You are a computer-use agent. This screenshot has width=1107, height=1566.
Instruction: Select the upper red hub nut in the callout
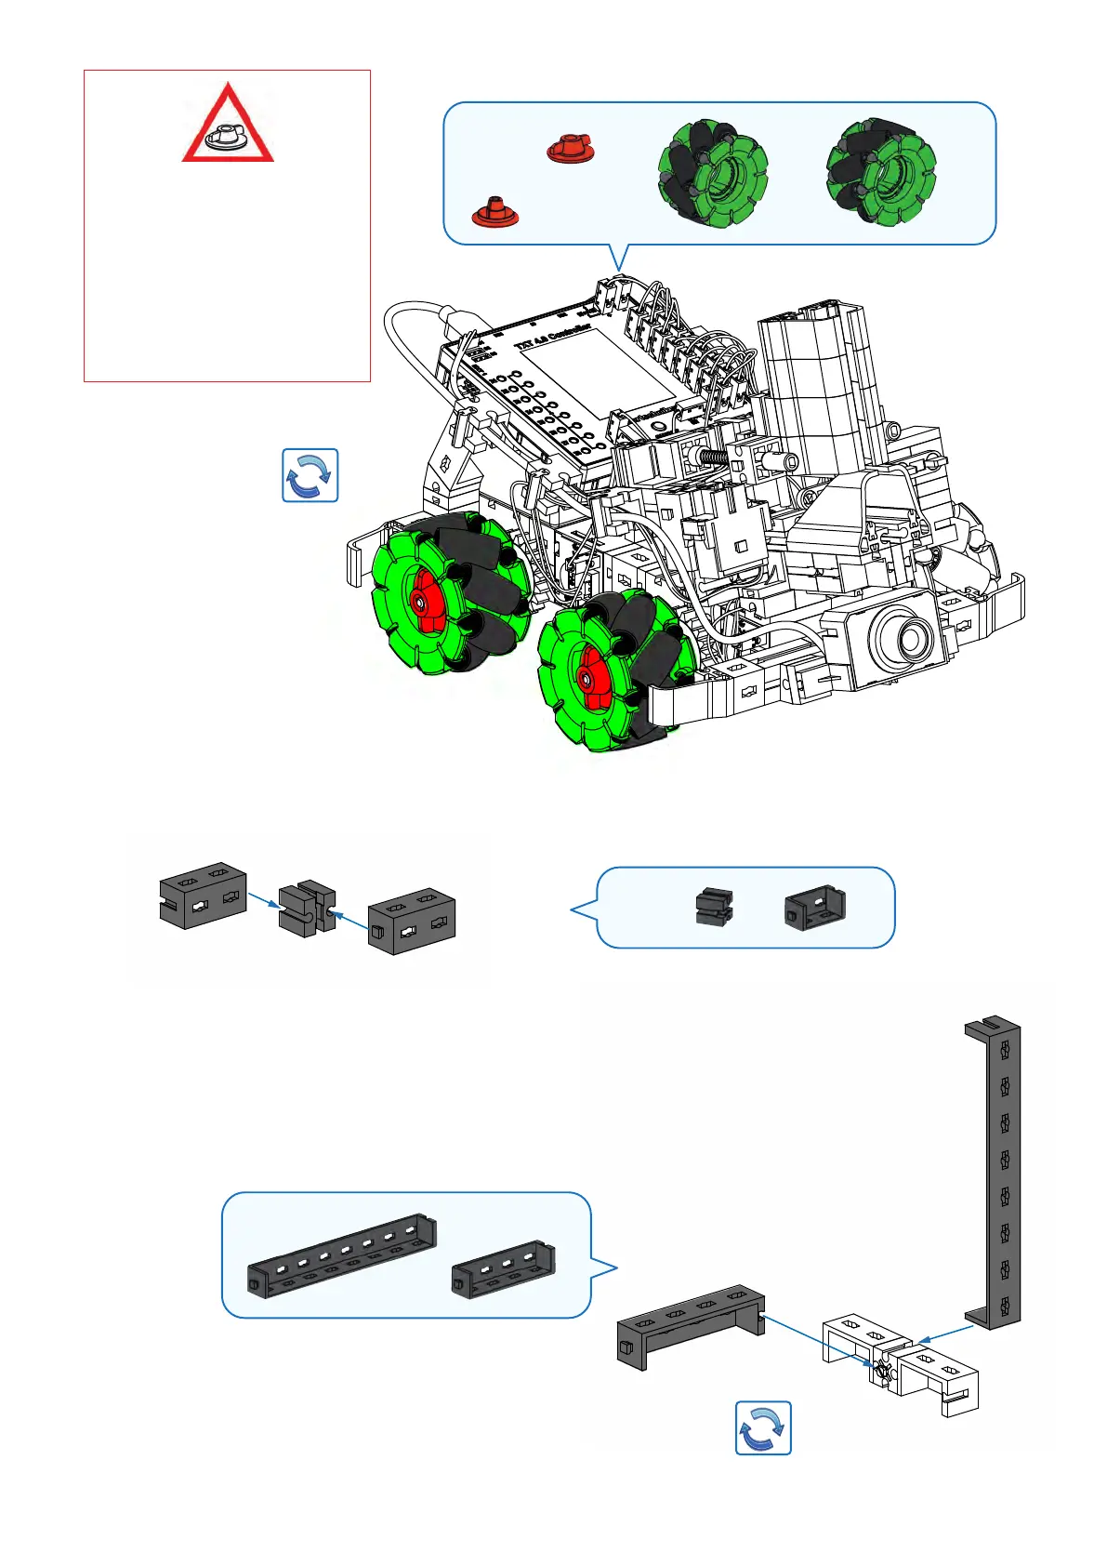[570, 149]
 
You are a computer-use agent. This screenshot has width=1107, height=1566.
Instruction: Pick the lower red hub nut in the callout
[494, 213]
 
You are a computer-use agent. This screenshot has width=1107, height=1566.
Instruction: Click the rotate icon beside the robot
[310, 475]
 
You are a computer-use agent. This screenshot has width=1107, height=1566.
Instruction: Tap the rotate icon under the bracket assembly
[763, 1427]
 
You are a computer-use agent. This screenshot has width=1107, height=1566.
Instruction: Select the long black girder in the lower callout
[342, 1256]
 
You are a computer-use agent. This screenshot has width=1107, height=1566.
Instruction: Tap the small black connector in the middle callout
[713, 906]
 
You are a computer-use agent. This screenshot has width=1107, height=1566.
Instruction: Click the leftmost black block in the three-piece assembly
[203, 895]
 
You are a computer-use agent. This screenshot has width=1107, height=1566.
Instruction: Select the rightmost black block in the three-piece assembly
[411, 921]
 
